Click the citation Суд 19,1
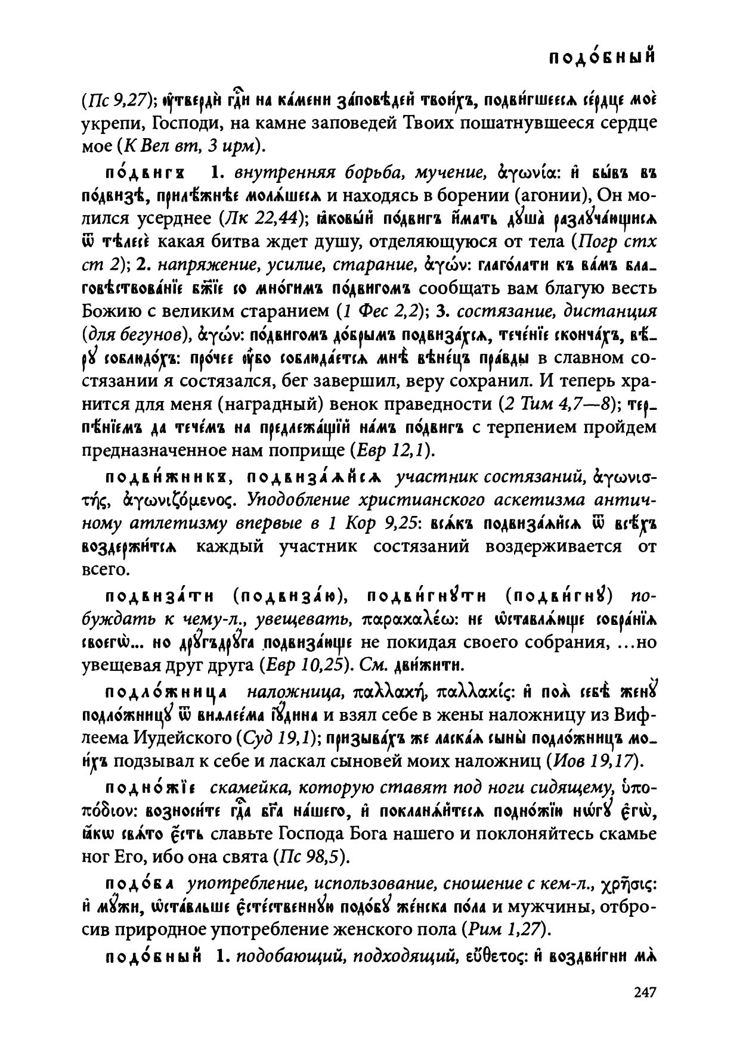click(x=273, y=738)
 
